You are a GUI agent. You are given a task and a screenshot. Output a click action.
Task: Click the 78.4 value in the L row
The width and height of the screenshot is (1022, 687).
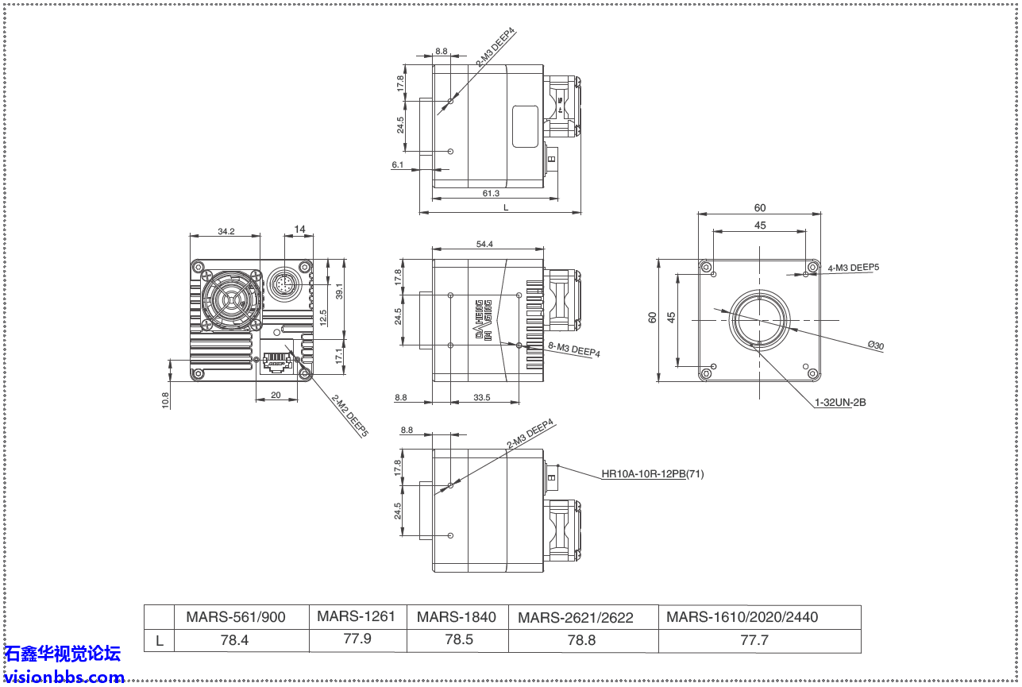point(234,639)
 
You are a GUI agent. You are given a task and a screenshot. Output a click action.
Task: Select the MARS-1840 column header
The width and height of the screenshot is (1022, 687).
point(457,617)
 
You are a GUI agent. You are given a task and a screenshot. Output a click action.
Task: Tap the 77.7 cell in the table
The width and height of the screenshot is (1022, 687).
point(754,639)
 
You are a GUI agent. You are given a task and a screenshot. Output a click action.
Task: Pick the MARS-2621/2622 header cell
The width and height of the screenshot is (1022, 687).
point(576,618)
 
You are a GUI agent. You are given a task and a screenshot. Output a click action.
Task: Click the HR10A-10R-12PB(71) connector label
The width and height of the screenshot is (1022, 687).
point(652,474)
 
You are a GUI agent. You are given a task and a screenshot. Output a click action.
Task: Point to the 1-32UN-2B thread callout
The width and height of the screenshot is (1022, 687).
point(840,403)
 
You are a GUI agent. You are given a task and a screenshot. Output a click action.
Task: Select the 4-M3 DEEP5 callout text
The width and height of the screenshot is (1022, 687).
point(854,268)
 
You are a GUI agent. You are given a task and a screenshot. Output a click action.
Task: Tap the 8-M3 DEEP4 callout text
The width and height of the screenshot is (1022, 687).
point(574,349)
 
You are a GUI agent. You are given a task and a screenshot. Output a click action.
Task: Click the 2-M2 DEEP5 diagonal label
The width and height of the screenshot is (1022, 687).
point(350,417)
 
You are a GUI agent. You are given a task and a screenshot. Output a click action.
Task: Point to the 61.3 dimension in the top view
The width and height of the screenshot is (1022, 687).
point(491,194)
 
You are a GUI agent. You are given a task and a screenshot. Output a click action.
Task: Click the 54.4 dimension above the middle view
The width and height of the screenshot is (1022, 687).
point(484,245)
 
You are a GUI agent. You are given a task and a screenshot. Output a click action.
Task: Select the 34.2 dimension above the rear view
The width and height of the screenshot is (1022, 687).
point(226,231)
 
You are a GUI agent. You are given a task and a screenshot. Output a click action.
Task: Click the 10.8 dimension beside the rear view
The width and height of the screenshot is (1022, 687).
point(165,400)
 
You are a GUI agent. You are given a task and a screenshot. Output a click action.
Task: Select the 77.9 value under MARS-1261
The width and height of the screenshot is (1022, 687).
point(357,638)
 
